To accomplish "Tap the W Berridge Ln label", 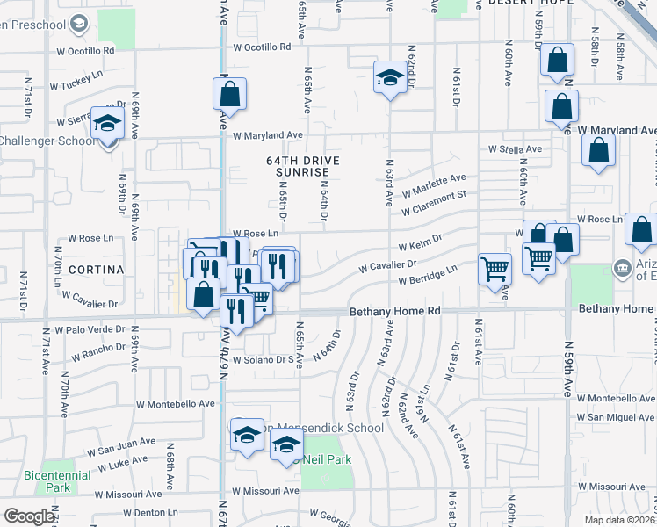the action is click(x=428, y=279).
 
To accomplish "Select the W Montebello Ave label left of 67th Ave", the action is click(x=176, y=403).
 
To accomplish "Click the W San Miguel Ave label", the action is click(x=616, y=417).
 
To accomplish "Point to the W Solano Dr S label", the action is click(x=262, y=359).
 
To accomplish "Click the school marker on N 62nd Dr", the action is click(x=389, y=78).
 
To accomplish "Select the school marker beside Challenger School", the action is click(x=107, y=126).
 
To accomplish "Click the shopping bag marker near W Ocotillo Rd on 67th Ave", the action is click(x=229, y=93).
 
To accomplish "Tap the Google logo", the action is click(x=29, y=516).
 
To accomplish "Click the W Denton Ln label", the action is click(x=151, y=512).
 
